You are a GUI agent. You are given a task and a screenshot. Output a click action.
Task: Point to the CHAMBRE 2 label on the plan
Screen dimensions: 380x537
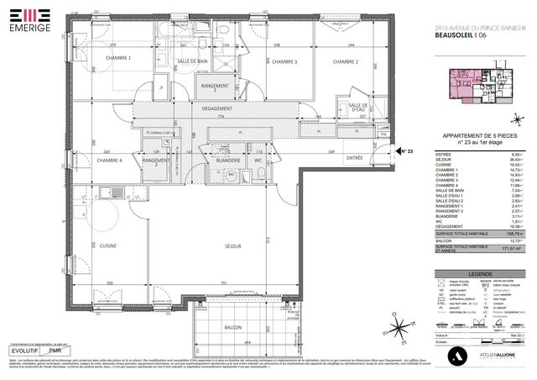coord(344,61)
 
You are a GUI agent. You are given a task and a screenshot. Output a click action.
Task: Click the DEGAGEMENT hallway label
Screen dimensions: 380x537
coord(216,108)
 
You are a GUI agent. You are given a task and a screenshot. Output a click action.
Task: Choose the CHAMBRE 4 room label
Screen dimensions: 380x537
coord(108,160)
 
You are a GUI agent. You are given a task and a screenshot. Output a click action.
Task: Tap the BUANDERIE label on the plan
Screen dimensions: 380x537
coord(228,160)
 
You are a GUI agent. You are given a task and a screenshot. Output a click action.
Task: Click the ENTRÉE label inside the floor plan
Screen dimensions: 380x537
coord(355,157)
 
